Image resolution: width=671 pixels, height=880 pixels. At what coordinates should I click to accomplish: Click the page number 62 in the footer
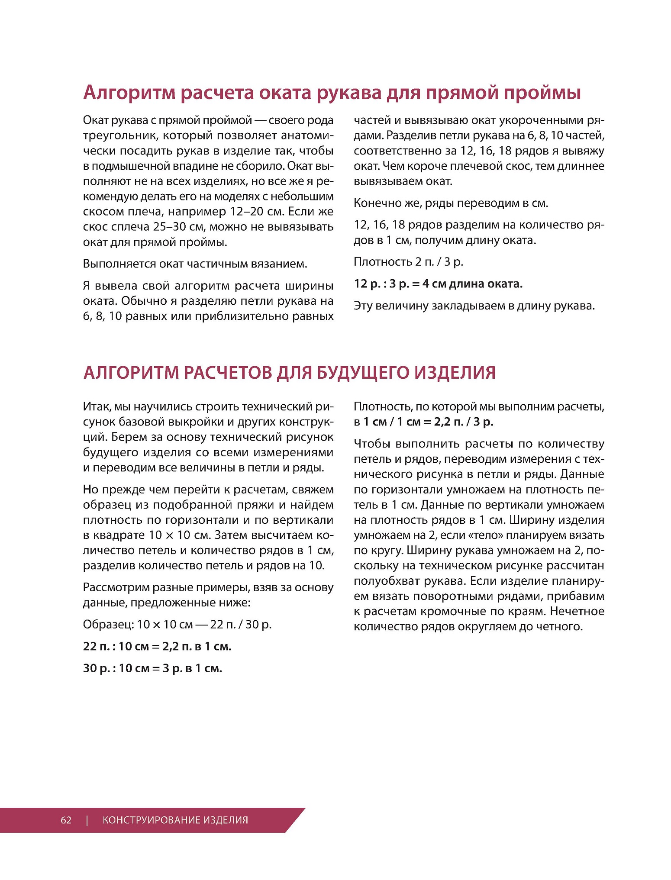[x=66, y=820]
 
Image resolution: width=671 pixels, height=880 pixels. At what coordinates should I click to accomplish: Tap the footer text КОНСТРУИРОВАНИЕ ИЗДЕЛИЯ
[x=175, y=820]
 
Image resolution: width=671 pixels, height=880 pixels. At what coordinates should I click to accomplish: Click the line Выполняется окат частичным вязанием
[x=195, y=264]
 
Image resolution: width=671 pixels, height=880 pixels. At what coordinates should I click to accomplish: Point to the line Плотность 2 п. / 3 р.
[x=408, y=261]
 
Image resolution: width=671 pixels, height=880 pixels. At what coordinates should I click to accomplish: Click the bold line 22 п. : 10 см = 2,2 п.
[x=157, y=646]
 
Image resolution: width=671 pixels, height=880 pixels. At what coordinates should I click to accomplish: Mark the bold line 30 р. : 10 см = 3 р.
[x=152, y=668]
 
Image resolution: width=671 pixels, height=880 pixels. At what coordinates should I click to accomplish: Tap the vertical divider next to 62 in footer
[x=87, y=820]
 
